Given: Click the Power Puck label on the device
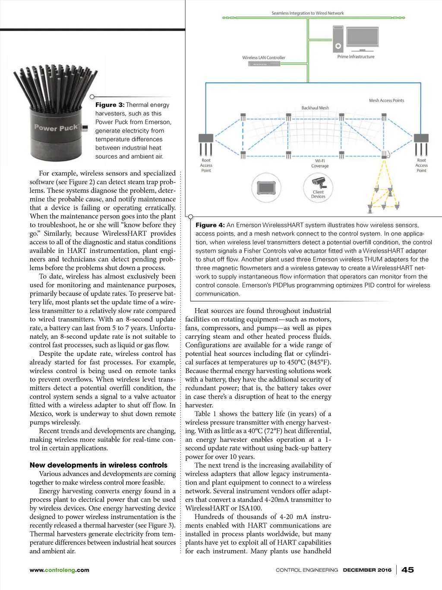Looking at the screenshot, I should point(56,128).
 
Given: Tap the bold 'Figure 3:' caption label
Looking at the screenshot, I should point(110,105).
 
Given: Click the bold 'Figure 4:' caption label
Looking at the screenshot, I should point(210,225).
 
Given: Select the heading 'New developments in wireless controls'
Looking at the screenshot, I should point(98,465).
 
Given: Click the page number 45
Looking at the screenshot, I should point(407,570).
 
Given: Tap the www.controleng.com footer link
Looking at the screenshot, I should point(59,570).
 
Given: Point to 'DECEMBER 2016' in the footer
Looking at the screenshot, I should point(367,570).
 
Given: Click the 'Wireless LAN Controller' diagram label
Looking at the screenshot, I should point(264,57).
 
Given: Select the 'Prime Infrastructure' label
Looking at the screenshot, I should point(356,57).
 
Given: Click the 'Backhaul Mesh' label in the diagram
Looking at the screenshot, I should point(315,108).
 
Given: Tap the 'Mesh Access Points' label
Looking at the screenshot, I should point(386,100).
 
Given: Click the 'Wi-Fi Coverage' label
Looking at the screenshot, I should point(320,163).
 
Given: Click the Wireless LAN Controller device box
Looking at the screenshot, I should point(264,64).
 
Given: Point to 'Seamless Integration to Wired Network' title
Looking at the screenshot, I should point(307,13).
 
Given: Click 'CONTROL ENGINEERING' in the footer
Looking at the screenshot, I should point(307,570).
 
